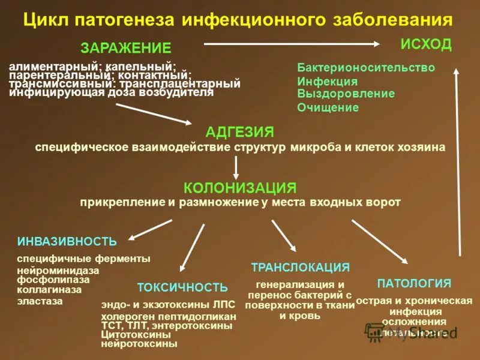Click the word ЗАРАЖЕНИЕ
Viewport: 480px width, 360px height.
click(x=126, y=48)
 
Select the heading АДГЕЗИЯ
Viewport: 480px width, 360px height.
click(x=239, y=132)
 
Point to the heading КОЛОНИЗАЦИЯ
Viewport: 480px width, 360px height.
click(x=240, y=188)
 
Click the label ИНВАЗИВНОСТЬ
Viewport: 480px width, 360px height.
click(x=67, y=241)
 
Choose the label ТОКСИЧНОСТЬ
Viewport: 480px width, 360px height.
click(x=182, y=287)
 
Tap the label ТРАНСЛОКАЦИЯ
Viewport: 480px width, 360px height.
click(x=300, y=268)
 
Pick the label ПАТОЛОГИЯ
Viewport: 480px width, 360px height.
click(x=414, y=283)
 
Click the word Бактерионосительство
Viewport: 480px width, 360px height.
click(x=366, y=68)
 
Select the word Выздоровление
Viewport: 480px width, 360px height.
click(x=346, y=94)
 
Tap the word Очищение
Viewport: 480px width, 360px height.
click(x=328, y=108)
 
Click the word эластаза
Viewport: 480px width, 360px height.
click(x=40, y=301)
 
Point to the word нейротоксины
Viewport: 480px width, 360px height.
click(x=139, y=344)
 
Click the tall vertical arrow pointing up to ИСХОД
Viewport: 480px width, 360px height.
click(x=459, y=162)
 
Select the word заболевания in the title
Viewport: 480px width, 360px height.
click(x=390, y=20)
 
